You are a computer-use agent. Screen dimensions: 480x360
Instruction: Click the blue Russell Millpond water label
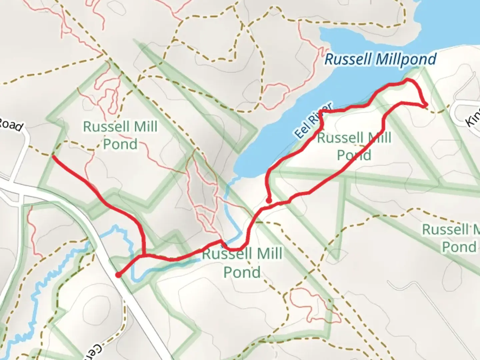point(380,60)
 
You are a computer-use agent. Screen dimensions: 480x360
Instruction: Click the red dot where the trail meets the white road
point(118,275)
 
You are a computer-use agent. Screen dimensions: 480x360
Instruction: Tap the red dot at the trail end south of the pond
point(269,201)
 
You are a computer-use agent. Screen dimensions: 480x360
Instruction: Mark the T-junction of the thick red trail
point(143,256)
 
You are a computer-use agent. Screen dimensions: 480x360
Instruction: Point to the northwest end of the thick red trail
point(53,156)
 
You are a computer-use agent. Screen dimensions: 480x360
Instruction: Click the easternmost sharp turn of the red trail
point(426,105)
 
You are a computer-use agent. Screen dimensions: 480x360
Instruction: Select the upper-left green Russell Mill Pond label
point(120,135)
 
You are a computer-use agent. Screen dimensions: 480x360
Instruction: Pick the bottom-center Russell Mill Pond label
point(242,263)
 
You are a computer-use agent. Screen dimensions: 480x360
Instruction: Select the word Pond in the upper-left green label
point(120,144)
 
